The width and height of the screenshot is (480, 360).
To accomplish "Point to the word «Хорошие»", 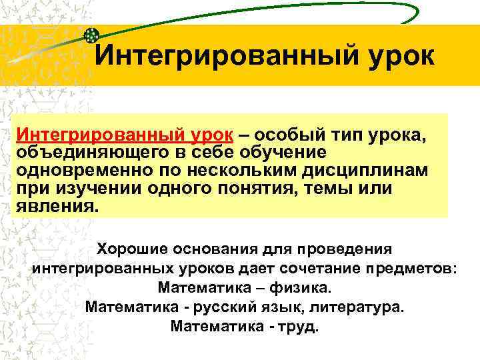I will coord(133,249).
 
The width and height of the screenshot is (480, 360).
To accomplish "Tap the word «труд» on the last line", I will coord(301,327).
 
